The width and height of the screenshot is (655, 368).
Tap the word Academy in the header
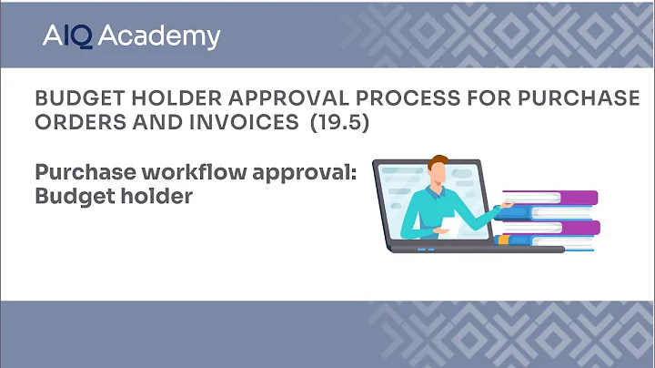158,36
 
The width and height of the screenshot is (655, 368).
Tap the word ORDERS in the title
72,122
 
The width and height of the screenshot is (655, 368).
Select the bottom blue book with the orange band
546,240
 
